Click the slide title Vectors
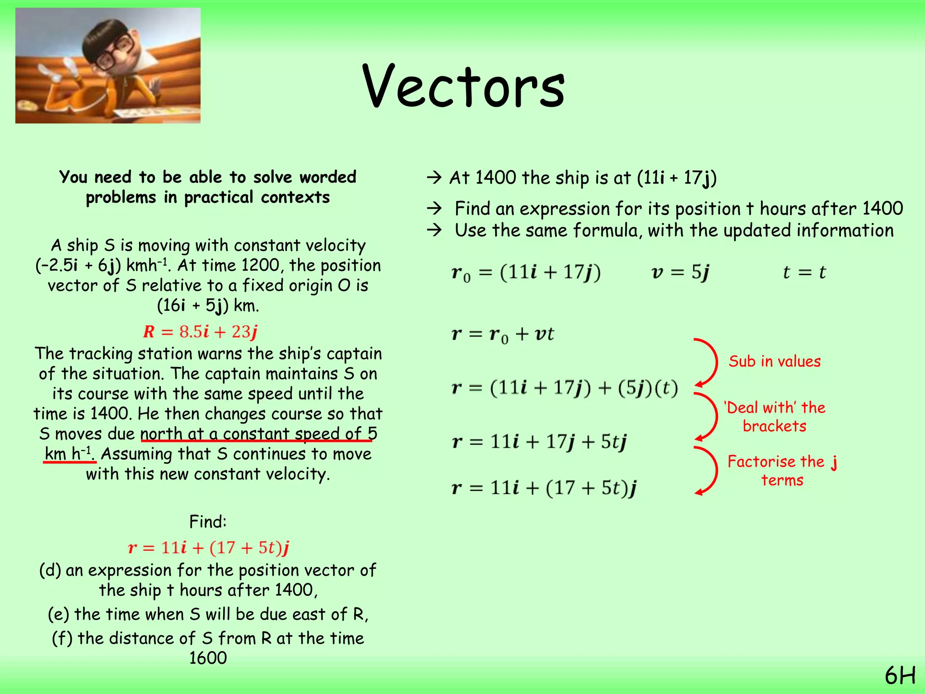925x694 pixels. pos(463,87)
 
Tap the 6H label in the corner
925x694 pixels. pos(900,676)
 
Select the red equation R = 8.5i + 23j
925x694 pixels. pos(200,332)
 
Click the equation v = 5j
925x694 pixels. pos(680,272)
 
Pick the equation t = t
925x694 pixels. pos(804,272)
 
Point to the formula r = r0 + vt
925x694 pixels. pos(502,334)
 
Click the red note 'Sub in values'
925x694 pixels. pos(774,361)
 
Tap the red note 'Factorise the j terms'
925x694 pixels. pos(782,470)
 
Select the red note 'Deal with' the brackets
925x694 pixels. pos(774,417)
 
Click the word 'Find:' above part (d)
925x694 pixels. pos(208,522)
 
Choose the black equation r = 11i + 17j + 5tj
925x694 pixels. pos(539,442)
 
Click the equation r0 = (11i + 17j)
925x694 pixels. pos(526,273)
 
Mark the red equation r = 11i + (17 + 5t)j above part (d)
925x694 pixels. pos(208,548)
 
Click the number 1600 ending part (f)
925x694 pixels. pos(208,658)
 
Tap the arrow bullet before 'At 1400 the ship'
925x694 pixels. pos(434,178)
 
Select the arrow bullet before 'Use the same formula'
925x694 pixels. pos(434,230)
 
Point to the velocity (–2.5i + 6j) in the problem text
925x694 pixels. pos(78,266)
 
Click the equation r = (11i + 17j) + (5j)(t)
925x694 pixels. pos(565,388)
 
